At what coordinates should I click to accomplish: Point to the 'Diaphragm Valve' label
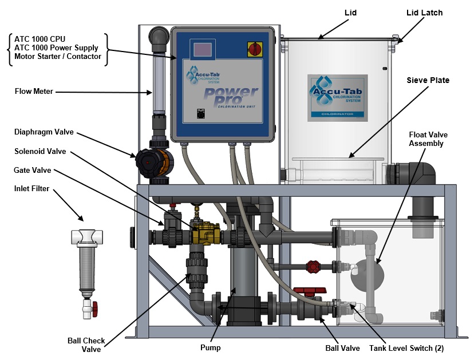pyautogui.click(x=44, y=132)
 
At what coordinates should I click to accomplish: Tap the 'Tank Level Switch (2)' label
pyautogui.click(x=407, y=347)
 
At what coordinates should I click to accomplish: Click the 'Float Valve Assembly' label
pyautogui.click(x=428, y=139)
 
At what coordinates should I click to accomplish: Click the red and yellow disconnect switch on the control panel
pyautogui.click(x=253, y=49)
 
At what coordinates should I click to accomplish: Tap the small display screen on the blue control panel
pyautogui.click(x=202, y=50)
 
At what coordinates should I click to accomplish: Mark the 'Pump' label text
pyautogui.click(x=210, y=347)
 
